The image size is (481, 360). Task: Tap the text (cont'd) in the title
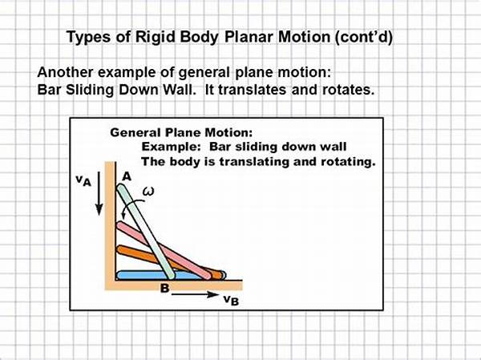tap(363, 37)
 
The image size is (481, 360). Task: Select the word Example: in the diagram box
tap(171, 147)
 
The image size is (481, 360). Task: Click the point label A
tap(127, 176)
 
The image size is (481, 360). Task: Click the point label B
tap(164, 288)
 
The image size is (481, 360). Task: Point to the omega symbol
tap(148, 192)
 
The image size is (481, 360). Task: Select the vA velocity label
tap(83, 180)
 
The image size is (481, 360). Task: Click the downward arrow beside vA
tap(99, 193)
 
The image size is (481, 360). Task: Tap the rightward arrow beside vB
tap(195, 294)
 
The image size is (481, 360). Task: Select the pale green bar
tap(146, 232)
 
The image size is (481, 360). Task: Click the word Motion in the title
tap(304, 37)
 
